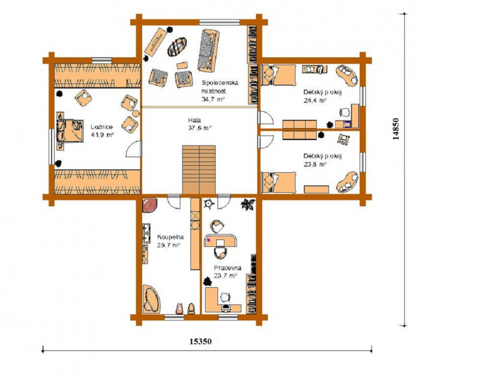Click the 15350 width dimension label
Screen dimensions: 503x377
click(x=201, y=341)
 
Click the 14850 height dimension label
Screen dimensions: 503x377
click(x=396, y=129)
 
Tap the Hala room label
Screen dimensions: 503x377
click(x=194, y=120)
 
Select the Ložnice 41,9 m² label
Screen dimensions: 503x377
click(x=102, y=131)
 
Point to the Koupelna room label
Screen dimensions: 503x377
click(x=170, y=238)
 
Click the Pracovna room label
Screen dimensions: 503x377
click(x=228, y=268)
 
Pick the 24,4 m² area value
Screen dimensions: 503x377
click(x=315, y=100)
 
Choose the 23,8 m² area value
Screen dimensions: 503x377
click(x=315, y=164)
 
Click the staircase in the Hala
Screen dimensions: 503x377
click(x=199, y=170)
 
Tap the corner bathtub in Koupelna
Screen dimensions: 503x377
click(x=152, y=298)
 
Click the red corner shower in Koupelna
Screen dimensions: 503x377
click(x=150, y=205)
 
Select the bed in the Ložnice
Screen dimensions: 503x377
click(x=70, y=131)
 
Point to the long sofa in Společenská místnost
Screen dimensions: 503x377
click(x=208, y=51)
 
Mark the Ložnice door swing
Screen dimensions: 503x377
click(x=133, y=150)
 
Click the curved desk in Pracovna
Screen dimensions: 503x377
click(x=221, y=240)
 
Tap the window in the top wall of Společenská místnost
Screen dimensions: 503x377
click(x=219, y=22)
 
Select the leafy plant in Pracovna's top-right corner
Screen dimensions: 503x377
click(x=248, y=204)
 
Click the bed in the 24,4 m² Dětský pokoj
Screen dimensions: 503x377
click(x=279, y=75)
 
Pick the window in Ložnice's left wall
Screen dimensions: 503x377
click(x=52, y=147)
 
